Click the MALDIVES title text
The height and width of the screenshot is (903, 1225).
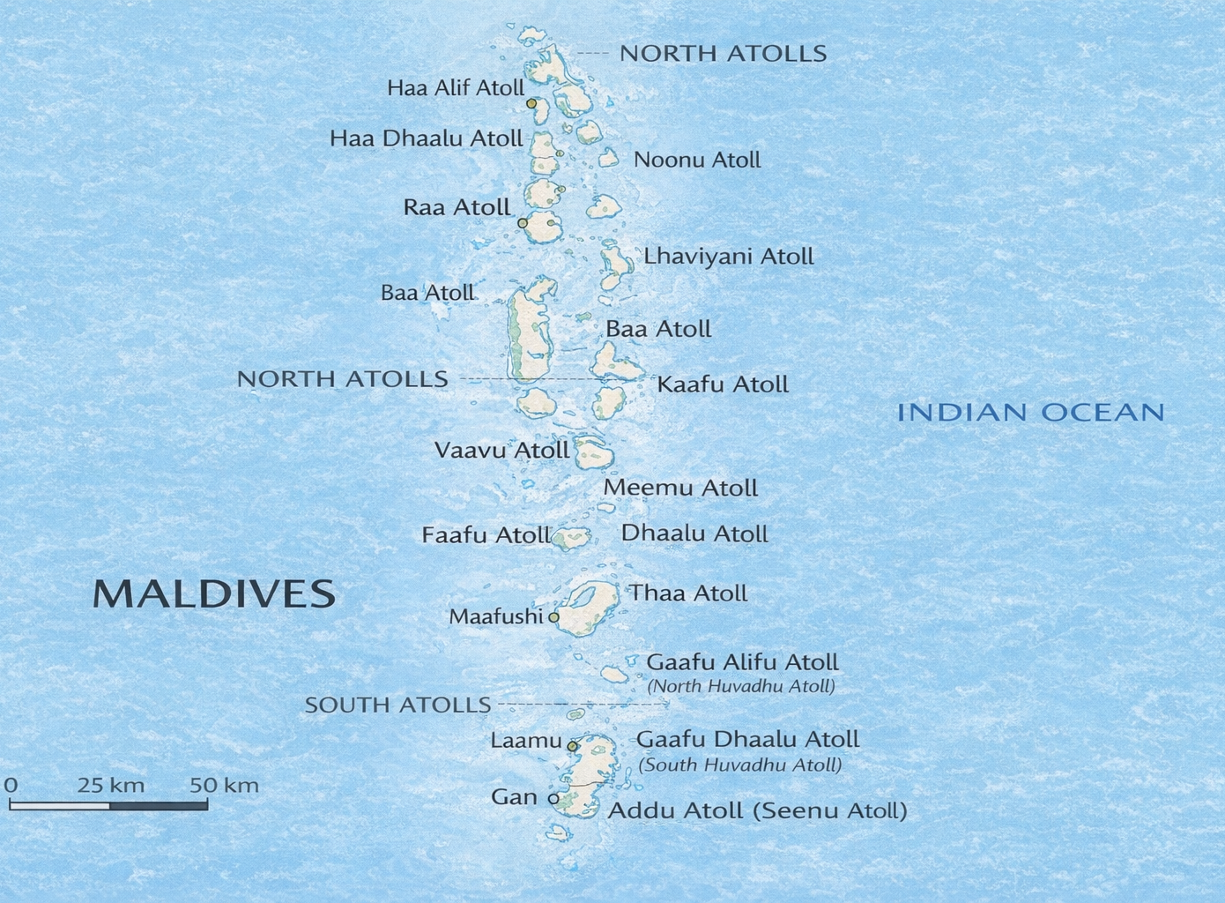tap(214, 594)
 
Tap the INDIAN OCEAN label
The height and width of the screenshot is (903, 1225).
tap(1030, 412)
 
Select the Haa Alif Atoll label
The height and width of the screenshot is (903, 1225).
tap(456, 88)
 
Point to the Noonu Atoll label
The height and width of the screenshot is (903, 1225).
tap(697, 160)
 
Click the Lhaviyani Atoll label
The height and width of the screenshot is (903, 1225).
tap(728, 257)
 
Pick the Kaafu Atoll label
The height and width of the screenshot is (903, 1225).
tap(723, 384)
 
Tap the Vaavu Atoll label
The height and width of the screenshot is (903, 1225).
tap(501, 451)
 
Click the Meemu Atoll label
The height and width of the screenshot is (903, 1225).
tap(680, 488)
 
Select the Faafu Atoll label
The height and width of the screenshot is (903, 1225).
tap(486, 535)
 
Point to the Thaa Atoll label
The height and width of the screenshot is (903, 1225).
tap(687, 593)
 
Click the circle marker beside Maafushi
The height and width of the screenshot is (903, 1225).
tap(553, 617)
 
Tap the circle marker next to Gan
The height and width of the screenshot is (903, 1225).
tap(553, 799)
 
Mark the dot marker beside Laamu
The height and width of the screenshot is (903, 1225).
tap(572, 746)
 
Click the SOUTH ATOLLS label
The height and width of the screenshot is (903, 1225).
tap(397, 705)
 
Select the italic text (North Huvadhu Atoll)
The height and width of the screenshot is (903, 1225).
tap(741, 686)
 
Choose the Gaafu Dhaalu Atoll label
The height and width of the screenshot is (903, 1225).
tap(747, 739)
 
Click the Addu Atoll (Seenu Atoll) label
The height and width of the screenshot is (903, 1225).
tap(758, 810)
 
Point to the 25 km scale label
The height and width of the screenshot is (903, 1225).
tap(111, 785)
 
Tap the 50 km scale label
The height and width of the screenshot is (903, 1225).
tap(225, 785)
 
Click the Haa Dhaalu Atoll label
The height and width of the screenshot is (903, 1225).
tap(427, 138)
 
